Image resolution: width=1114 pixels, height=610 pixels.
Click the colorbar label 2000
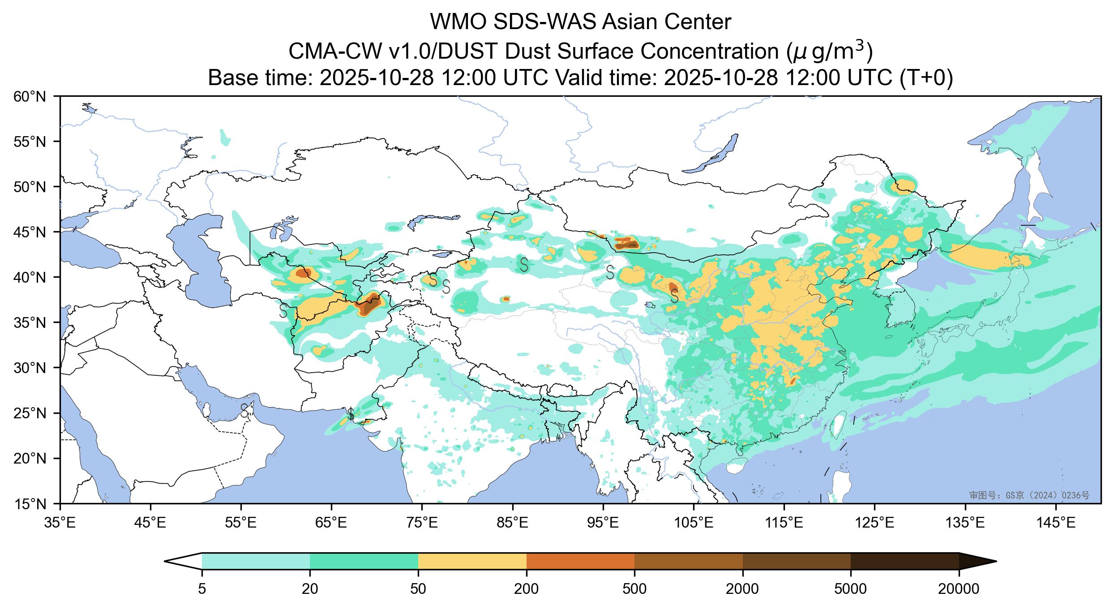[742, 589]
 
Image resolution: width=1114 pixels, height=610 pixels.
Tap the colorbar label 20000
[959, 589]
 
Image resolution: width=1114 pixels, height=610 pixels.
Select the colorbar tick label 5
[202, 589]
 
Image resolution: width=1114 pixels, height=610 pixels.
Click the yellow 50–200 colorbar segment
[472, 561]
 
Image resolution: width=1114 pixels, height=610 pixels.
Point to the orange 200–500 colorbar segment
[580, 561]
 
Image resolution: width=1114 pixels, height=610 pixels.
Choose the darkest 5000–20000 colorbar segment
[904, 561]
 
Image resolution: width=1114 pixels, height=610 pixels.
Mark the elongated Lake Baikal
[712, 155]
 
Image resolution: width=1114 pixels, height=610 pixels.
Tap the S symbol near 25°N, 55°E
[244, 410]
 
